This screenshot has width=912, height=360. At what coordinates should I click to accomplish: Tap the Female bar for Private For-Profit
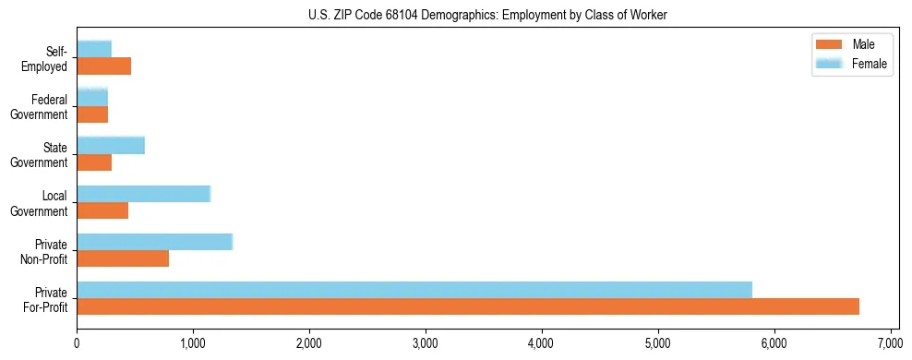pyautogui.click(x=414, y=289)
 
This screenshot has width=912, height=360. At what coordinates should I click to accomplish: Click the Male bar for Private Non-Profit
pyautogui.click(x=123, y=258)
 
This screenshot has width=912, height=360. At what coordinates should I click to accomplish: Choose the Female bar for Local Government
pyautogui.click(x=143, y=193)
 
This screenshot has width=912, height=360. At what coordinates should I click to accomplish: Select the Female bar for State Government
pyautogui.click(x=111, y=145)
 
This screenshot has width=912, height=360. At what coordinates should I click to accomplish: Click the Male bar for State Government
pyautogui.click(x=94, y=162)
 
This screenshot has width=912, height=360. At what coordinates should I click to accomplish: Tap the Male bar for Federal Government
pyautogui.click(x=92, y=114)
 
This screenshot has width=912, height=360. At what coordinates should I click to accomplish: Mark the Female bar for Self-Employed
pyautogui.click(x=94, y=49)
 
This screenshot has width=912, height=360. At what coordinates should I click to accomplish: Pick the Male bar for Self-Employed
pyautogui.click(x=103, y=66)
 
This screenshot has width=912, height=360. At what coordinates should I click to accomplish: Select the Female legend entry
pyautogui.click(x=849, y=64)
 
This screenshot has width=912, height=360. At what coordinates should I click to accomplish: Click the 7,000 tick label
pyautogui.click(x=890, y=343)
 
